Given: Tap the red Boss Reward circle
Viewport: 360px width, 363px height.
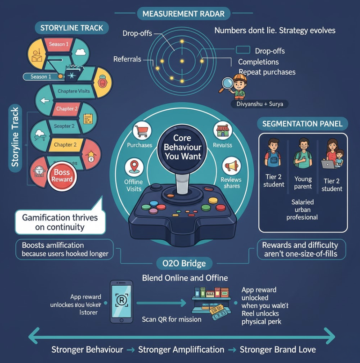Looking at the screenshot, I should tap(62, 175).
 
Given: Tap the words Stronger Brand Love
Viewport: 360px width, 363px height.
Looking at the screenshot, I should tap(278, 350).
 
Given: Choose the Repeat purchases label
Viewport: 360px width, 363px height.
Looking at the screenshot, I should tap(267, 72).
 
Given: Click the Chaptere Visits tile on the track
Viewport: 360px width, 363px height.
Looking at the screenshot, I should tap(73, 91).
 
